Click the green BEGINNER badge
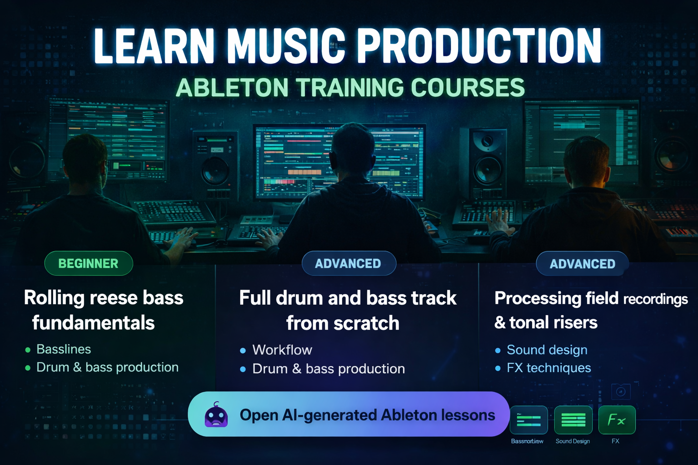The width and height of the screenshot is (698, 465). click(89, 263)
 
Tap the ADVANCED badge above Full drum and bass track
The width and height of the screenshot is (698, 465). click(349, 263)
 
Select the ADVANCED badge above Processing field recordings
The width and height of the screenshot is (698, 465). click(582, 264)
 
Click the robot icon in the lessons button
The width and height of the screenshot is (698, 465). click(216, 415)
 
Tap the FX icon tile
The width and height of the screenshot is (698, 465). click(617, 420)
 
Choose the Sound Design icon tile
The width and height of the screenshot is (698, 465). click(573, 420)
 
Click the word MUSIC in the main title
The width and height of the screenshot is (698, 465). click(286, 46)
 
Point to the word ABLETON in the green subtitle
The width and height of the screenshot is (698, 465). click(232, 88)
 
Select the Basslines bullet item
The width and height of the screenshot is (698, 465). click(64, 349)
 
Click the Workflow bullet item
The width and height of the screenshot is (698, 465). click(282, 350)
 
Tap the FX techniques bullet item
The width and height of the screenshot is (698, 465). click(549, 368)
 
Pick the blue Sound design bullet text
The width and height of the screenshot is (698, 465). click(547, 350)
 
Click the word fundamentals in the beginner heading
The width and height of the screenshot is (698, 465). click(93, 323)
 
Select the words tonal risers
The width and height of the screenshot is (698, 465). click(553, 322)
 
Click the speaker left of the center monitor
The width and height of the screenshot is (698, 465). click(215, 163)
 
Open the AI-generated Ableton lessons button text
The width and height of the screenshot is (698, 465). click(367, 415)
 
